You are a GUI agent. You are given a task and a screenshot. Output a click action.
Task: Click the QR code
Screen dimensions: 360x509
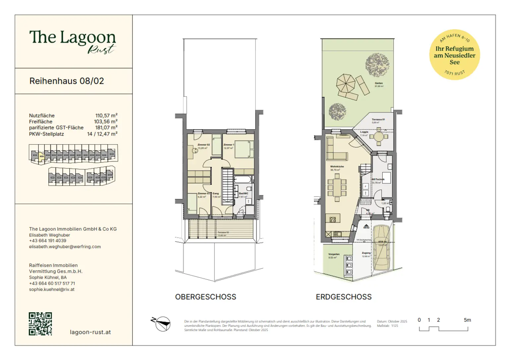[x=40, y=324]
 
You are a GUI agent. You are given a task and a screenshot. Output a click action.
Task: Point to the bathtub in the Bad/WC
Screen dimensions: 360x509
[x=243, y=180]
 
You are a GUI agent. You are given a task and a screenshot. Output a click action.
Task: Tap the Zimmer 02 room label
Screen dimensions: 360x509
[x=203, y=145]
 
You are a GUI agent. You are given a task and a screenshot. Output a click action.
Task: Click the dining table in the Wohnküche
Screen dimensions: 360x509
[x=337, y=188]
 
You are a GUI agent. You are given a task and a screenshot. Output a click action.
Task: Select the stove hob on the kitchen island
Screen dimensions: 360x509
[x=333, y=219]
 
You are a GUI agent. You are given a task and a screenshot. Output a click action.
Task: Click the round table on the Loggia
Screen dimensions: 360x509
[x=378, y=137]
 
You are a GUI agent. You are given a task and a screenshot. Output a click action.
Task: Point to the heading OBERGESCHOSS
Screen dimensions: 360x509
[x=205, y=297]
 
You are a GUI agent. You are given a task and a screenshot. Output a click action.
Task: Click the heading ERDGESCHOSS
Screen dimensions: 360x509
[x=344, y=297]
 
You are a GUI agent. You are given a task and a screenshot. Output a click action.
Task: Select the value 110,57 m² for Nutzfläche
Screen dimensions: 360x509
[x=106, y=116]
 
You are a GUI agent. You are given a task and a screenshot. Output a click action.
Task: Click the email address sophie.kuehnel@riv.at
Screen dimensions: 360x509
[x=52, y=289]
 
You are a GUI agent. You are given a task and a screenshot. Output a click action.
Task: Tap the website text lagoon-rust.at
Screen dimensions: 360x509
[x=90, y=332]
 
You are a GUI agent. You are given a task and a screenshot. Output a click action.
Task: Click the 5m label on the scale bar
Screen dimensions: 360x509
[x=467, y=320]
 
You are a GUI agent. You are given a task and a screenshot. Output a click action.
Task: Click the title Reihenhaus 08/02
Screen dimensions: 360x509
[x=67, y=81]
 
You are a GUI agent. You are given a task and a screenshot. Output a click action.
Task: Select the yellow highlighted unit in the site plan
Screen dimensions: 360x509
[x=41, y=156]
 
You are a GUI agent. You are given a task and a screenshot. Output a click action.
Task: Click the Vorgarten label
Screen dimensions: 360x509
[x=334, y=254]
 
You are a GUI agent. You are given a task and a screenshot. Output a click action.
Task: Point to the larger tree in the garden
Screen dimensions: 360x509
[x=377, y=65]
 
